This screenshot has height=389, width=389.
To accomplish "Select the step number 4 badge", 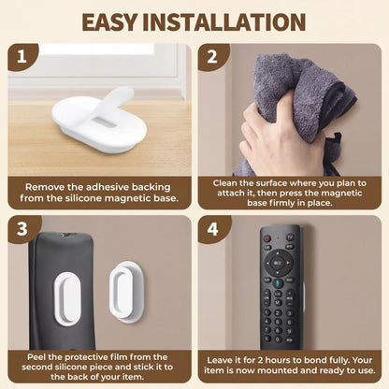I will coord(212,228).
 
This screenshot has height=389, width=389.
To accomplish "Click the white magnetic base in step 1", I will coord(89,121).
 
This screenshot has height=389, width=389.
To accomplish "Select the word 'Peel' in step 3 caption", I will coord(33,356).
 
